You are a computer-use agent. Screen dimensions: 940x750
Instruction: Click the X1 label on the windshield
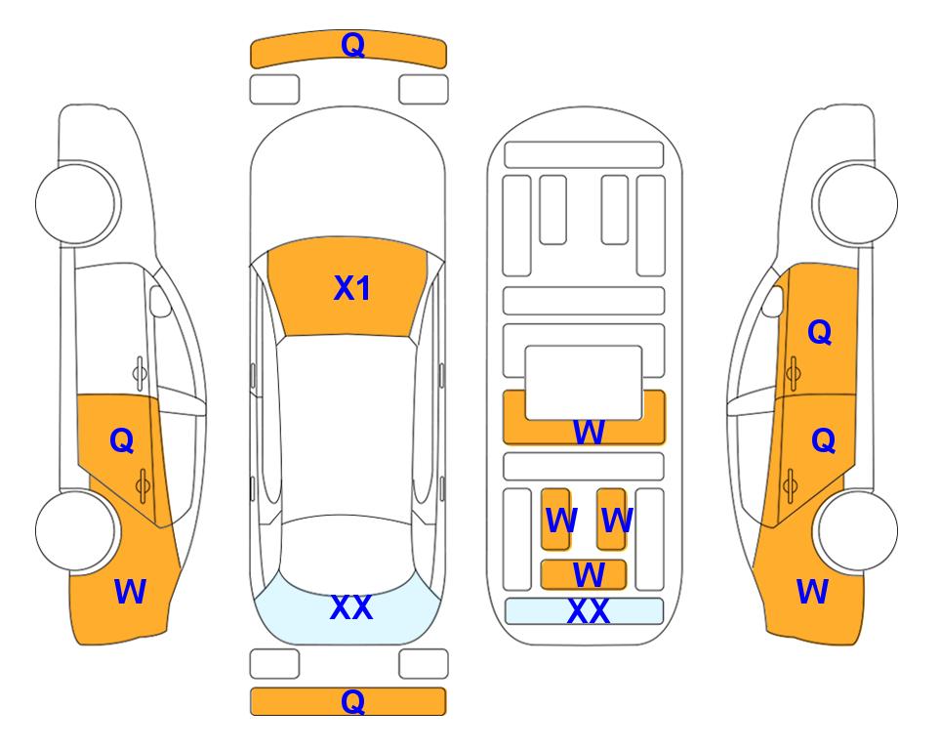coord(352,288)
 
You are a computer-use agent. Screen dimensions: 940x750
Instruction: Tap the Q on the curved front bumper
coord(353,45)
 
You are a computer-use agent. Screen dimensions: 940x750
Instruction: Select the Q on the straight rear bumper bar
coord(353,701)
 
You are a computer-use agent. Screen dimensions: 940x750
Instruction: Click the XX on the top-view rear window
coord(351,607)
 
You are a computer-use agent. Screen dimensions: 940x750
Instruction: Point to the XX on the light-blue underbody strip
coord(588,611)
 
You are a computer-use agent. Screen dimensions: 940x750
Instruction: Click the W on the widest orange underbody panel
coord(588,432)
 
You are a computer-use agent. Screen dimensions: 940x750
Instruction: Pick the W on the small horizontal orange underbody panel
coord(588,575)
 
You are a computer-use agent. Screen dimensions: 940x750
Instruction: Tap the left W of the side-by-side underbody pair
coord(561,521)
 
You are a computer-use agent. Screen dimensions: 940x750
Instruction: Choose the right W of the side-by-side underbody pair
coord(616,521)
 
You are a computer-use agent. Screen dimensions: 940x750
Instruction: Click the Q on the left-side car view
coord(122,441)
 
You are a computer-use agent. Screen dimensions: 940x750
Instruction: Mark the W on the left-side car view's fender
coord(130,592)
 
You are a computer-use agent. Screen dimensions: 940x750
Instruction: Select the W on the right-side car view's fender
coord(812,592)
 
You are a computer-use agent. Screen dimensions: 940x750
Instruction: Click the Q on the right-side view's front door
coord(820,332)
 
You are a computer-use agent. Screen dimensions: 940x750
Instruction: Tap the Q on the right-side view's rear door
coord(823,441)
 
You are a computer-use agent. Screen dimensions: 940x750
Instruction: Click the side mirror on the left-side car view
coord(159,301)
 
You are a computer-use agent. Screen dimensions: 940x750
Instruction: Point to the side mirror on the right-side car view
coord(773,301)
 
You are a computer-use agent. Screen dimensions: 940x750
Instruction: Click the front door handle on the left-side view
coord(139,373)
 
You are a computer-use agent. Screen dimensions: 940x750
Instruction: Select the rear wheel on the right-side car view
coord(855,530)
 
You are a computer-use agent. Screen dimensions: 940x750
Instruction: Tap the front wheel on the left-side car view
coord(78,203)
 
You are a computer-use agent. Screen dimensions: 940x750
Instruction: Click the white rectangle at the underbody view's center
coord(584,383)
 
